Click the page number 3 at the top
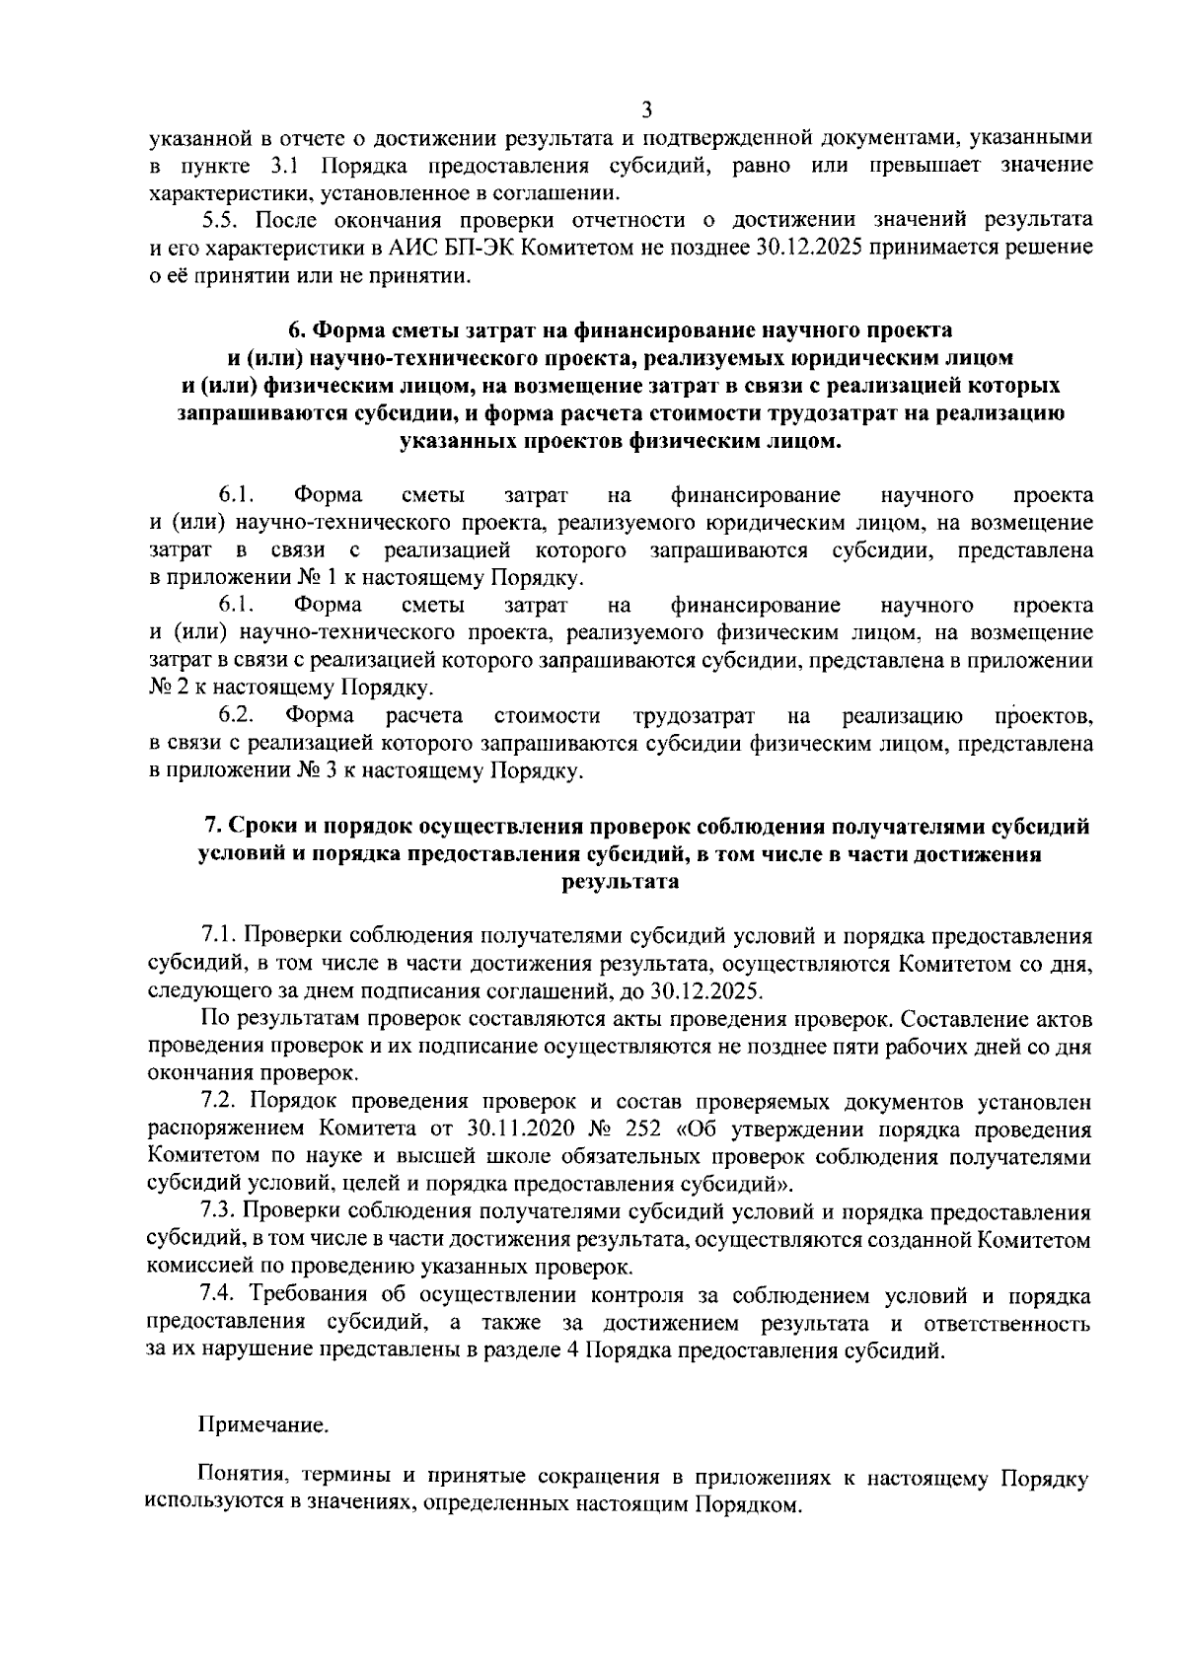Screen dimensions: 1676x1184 coord(647,109)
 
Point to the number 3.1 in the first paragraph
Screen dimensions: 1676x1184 coord(286,164)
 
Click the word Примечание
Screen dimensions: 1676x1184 coord(263,1424)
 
